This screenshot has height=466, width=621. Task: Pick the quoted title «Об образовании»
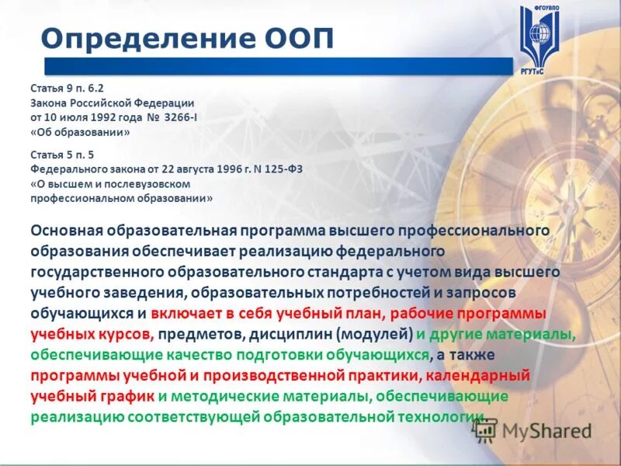tap(80, 132)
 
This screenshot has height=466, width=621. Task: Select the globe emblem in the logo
tap(540, 35)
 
